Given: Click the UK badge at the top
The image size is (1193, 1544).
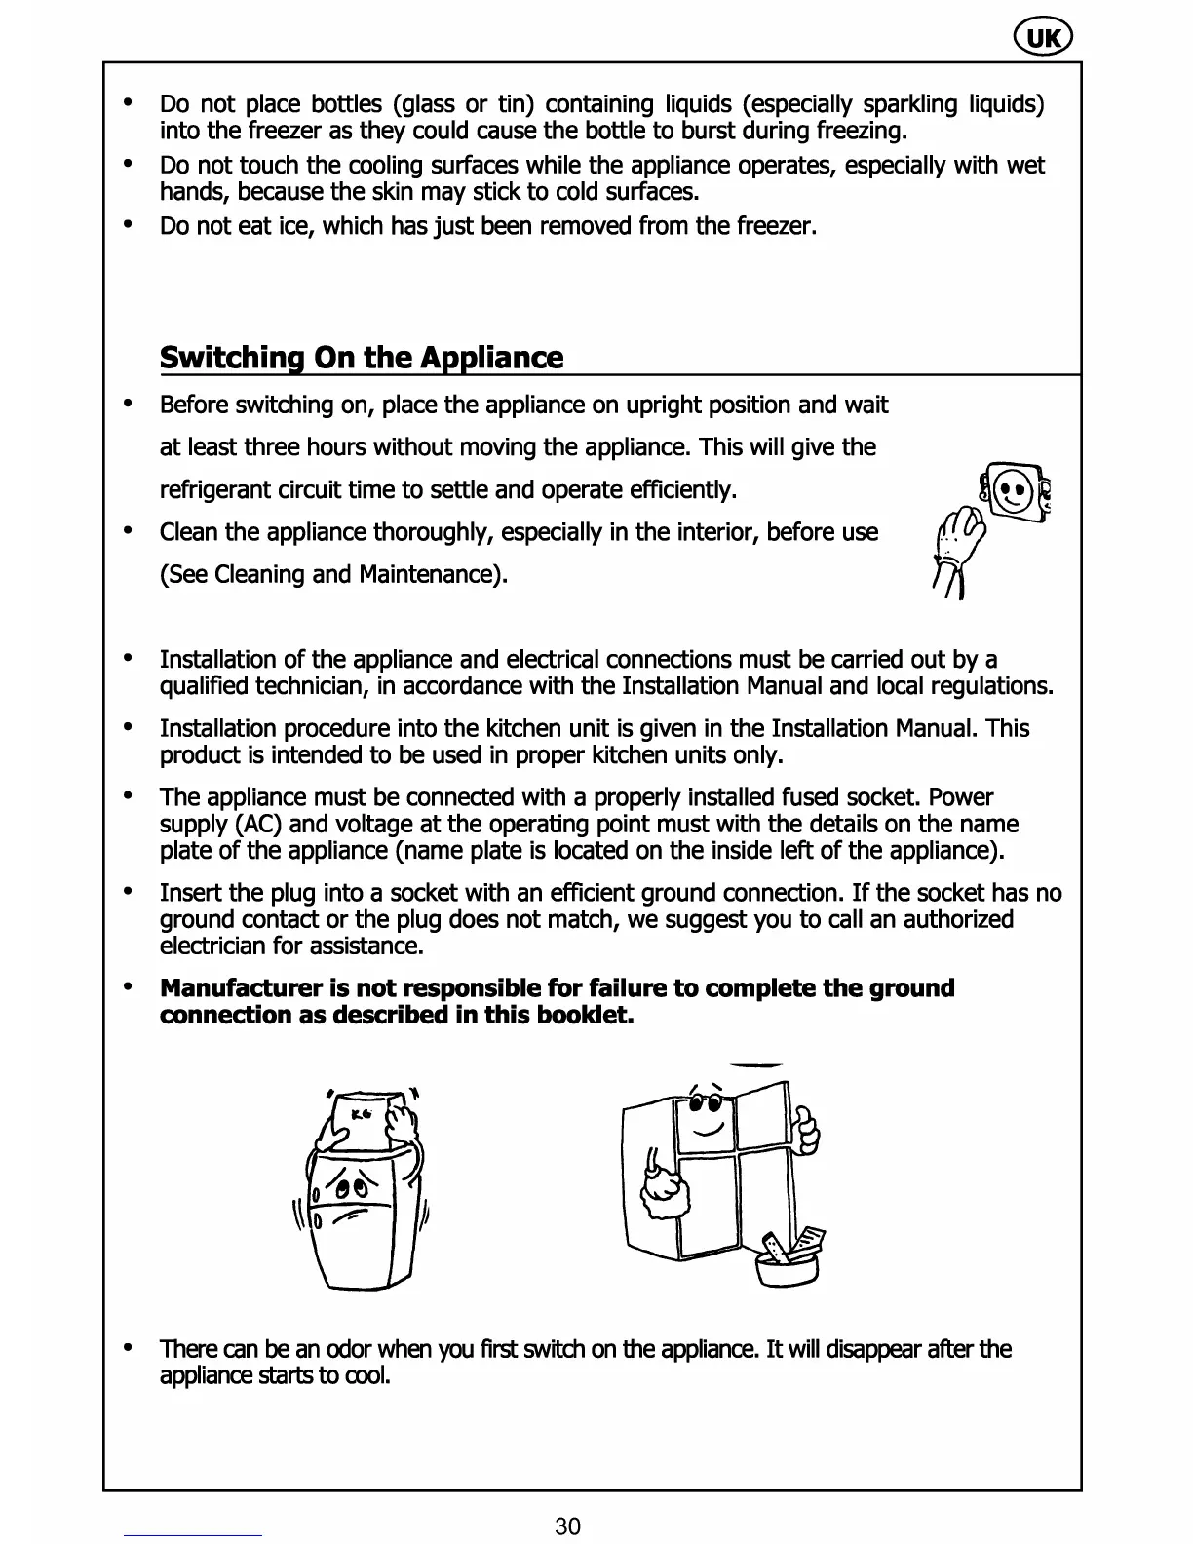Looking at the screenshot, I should (1042, 38).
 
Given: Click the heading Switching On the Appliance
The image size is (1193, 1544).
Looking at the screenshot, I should (361, 358).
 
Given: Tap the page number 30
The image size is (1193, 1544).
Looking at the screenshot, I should (567, 1525).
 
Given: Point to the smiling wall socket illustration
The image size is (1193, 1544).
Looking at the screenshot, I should (1015, 488).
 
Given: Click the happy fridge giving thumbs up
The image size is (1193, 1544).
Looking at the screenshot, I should (721, 1170).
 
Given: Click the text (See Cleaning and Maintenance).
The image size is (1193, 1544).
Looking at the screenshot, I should (333, 574).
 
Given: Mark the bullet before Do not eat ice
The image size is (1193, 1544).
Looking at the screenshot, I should (128, 225).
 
